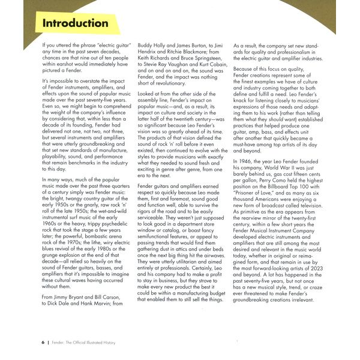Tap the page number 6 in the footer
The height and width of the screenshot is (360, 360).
(x=43, y=342)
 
